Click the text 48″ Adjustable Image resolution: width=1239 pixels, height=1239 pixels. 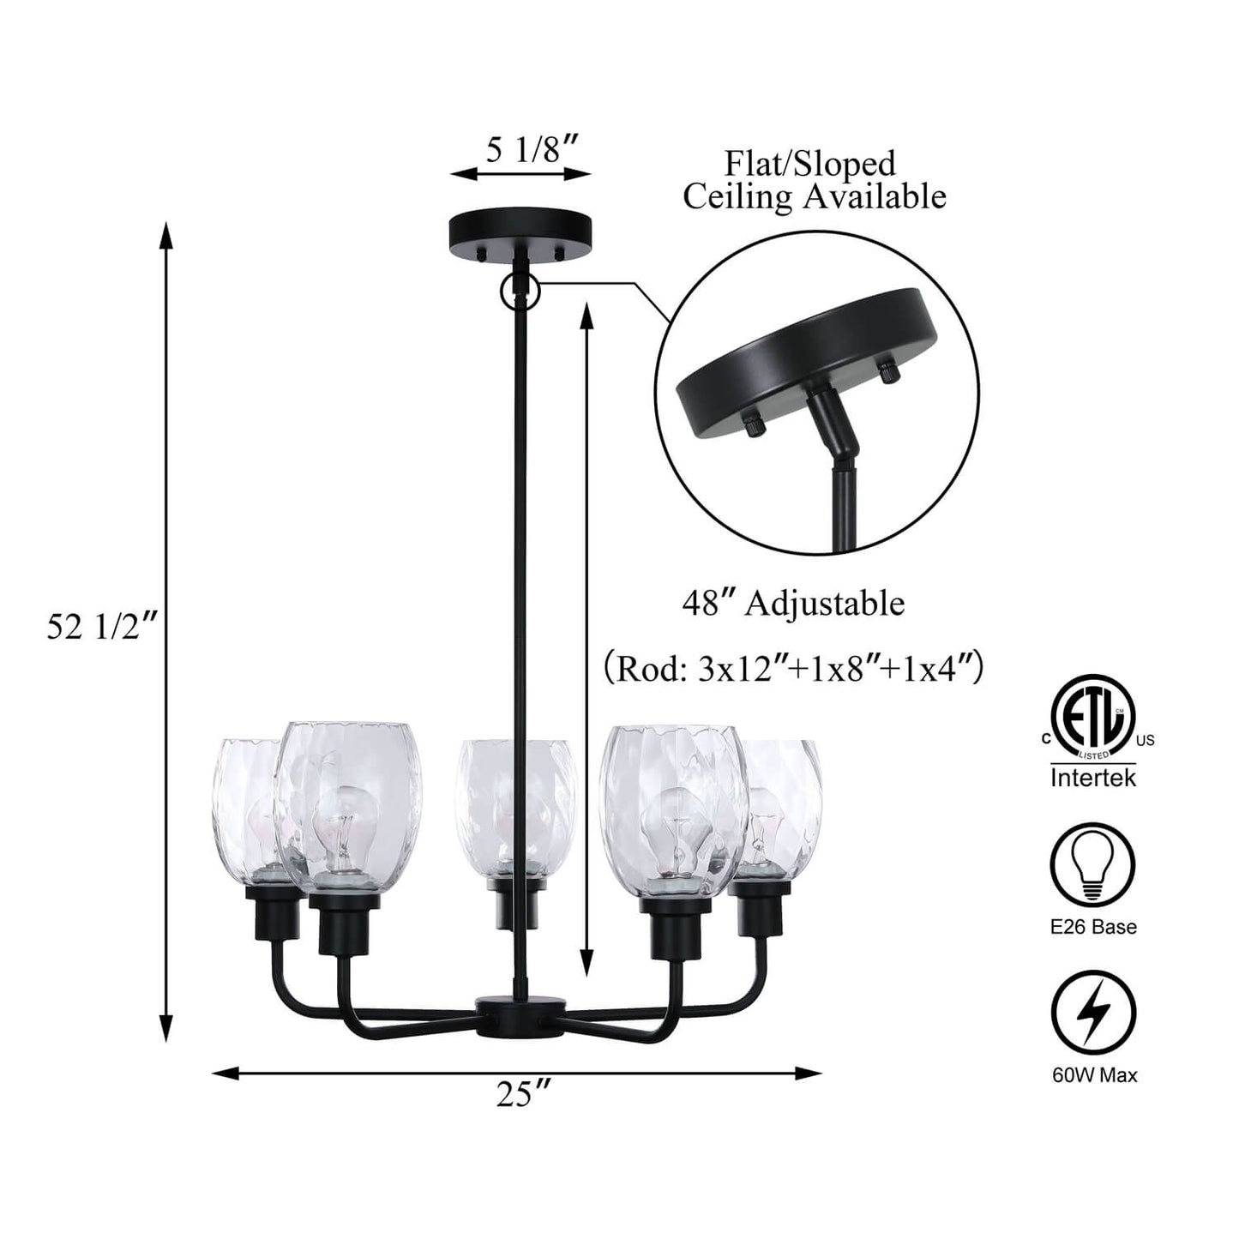(x=793, y=604)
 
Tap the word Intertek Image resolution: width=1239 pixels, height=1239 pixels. (x=1093, y=778)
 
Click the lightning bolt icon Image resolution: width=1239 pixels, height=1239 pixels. (x=1093, y=1012)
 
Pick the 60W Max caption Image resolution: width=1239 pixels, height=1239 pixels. (x=1094, y=1074)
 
